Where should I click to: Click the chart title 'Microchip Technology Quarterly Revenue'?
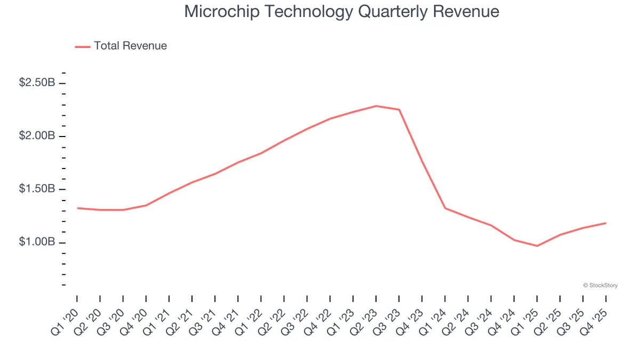click(x=341, y=12)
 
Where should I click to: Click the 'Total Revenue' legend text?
click(x=130, y=46)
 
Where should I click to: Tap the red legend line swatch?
click(x=83, y=46)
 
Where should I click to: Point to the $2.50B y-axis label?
click(x=37, y=83)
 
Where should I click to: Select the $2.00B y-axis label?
click(x=37, y=136)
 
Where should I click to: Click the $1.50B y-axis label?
click(x=37, y=189)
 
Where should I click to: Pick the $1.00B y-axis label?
click(x=37, y=242)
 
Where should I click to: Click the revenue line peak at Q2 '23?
click(x=376, y=106)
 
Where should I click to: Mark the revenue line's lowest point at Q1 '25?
click(x=537, y=246)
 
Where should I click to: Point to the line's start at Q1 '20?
click(x=77, y=208)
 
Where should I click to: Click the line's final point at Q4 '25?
click(x=606, y=223)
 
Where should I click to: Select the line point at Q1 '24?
click(x=445, y=208)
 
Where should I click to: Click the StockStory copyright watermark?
click(x=601, y=286)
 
